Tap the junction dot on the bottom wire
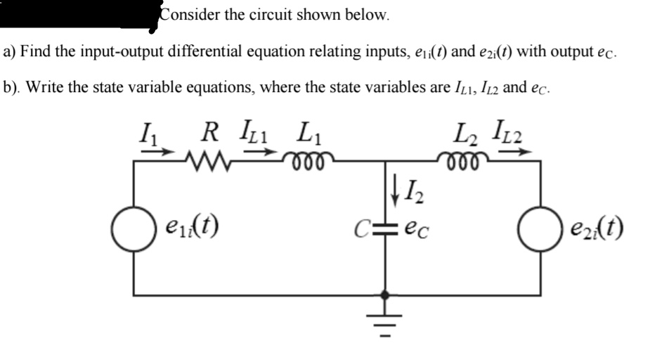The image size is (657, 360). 385,295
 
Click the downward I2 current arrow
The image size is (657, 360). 395,195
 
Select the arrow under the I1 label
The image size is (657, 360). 157,151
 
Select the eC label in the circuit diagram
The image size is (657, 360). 417,231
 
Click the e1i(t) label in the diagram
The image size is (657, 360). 193,226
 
